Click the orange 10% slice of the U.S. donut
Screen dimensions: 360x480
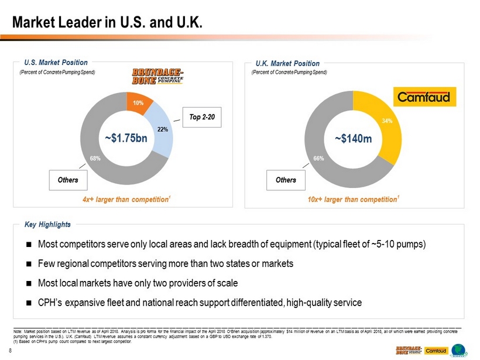click(x=138, y=103)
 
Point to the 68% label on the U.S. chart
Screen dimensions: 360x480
click(x=95, y=159)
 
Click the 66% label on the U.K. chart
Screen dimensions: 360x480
click(x=318, y=159)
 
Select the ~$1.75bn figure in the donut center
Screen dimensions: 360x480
click(x=127, y=139)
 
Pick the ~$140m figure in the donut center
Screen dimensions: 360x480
click(x=353, y=139)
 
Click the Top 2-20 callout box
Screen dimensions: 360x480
click(x=202, y=117)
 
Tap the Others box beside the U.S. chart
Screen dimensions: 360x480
click(x=68, y=180)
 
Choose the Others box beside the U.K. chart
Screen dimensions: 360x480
click(x=286, y=180)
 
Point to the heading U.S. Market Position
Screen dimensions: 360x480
click(x=56, y=62)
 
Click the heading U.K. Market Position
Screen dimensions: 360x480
click(x=288, y=63)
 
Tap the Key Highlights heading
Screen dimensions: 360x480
click(x=47, y=224)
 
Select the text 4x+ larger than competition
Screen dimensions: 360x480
click(x=126, y=200)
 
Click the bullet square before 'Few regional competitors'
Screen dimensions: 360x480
click(x=29, y=264)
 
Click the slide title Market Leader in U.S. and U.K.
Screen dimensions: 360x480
click(x=109, y=23)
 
